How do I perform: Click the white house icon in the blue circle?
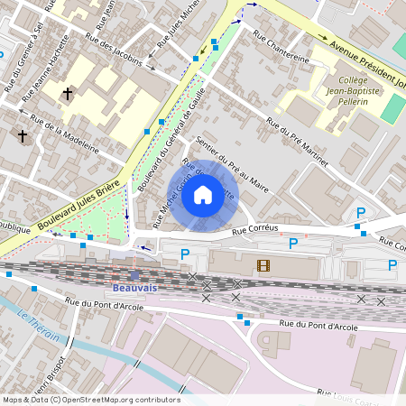203,194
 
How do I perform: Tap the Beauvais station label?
135,289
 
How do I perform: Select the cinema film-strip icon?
263,265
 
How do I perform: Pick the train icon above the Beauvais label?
135,275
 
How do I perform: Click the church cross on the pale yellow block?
68,93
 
